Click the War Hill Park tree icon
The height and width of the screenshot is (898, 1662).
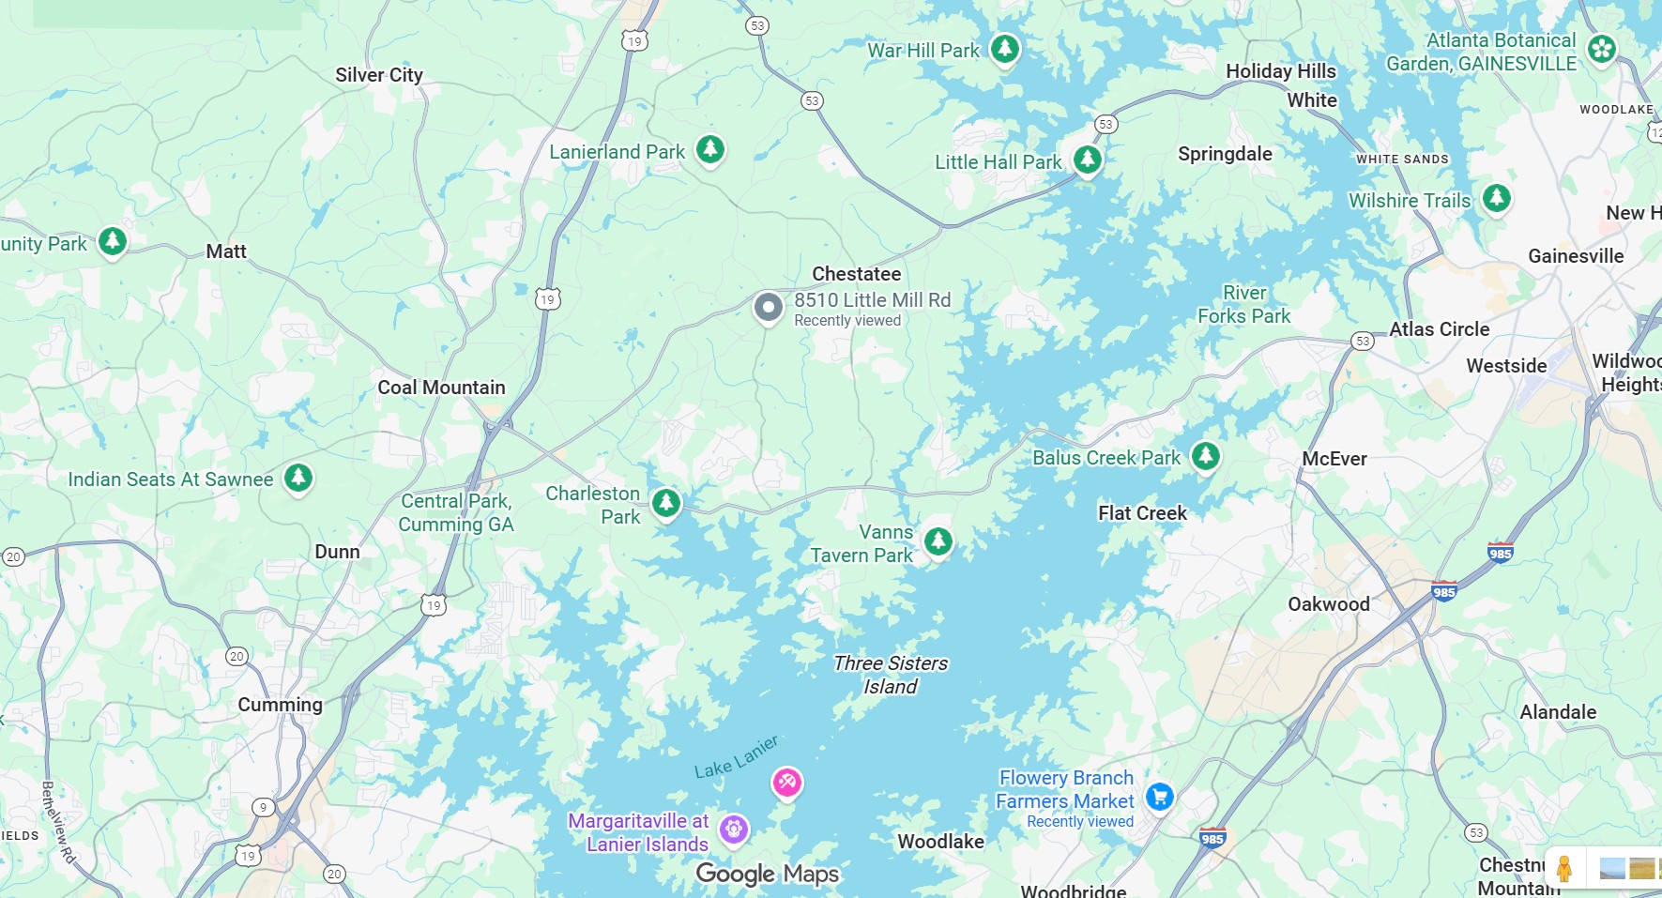tap(1004, 47)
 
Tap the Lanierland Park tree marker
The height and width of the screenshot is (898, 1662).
tap(709, 148)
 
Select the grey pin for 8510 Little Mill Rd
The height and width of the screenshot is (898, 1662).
tap(768, 307)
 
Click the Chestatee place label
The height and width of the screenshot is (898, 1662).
tap(856, 274)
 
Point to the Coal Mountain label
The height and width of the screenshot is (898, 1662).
tap(441, 388)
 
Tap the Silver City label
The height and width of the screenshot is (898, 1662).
tap(379, 75)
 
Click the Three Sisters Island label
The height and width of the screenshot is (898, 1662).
tap(890, 675)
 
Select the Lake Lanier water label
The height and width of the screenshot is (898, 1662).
tap(736, 758)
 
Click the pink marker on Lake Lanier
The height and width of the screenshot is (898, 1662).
tap(786, 781)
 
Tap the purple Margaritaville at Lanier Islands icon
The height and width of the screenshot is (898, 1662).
tap(733, 829)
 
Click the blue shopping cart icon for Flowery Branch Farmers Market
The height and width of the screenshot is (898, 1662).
tap(1159, 797)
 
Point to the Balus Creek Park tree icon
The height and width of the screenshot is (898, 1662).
tap(1205, 456)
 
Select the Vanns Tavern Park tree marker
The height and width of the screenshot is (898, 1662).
tap(938, 540)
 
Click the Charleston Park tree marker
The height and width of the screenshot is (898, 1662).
tap(665, 502)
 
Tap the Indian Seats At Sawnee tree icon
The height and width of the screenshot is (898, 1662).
tap(297, 478)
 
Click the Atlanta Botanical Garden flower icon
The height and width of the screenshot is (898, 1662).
tap(1602, 48)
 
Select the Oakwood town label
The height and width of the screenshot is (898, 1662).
tap(1328, 604)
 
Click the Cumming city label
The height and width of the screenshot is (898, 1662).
tap(280, 705)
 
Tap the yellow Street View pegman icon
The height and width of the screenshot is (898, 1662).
tap(1563, 868)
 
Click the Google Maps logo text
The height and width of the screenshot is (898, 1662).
tap(767, 874)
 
